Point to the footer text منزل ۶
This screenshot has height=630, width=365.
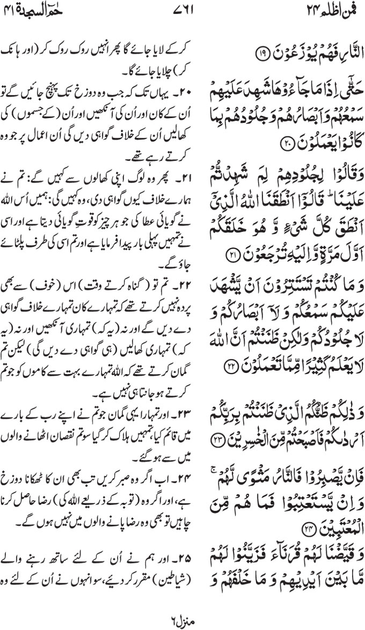(x=183, y=617)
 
